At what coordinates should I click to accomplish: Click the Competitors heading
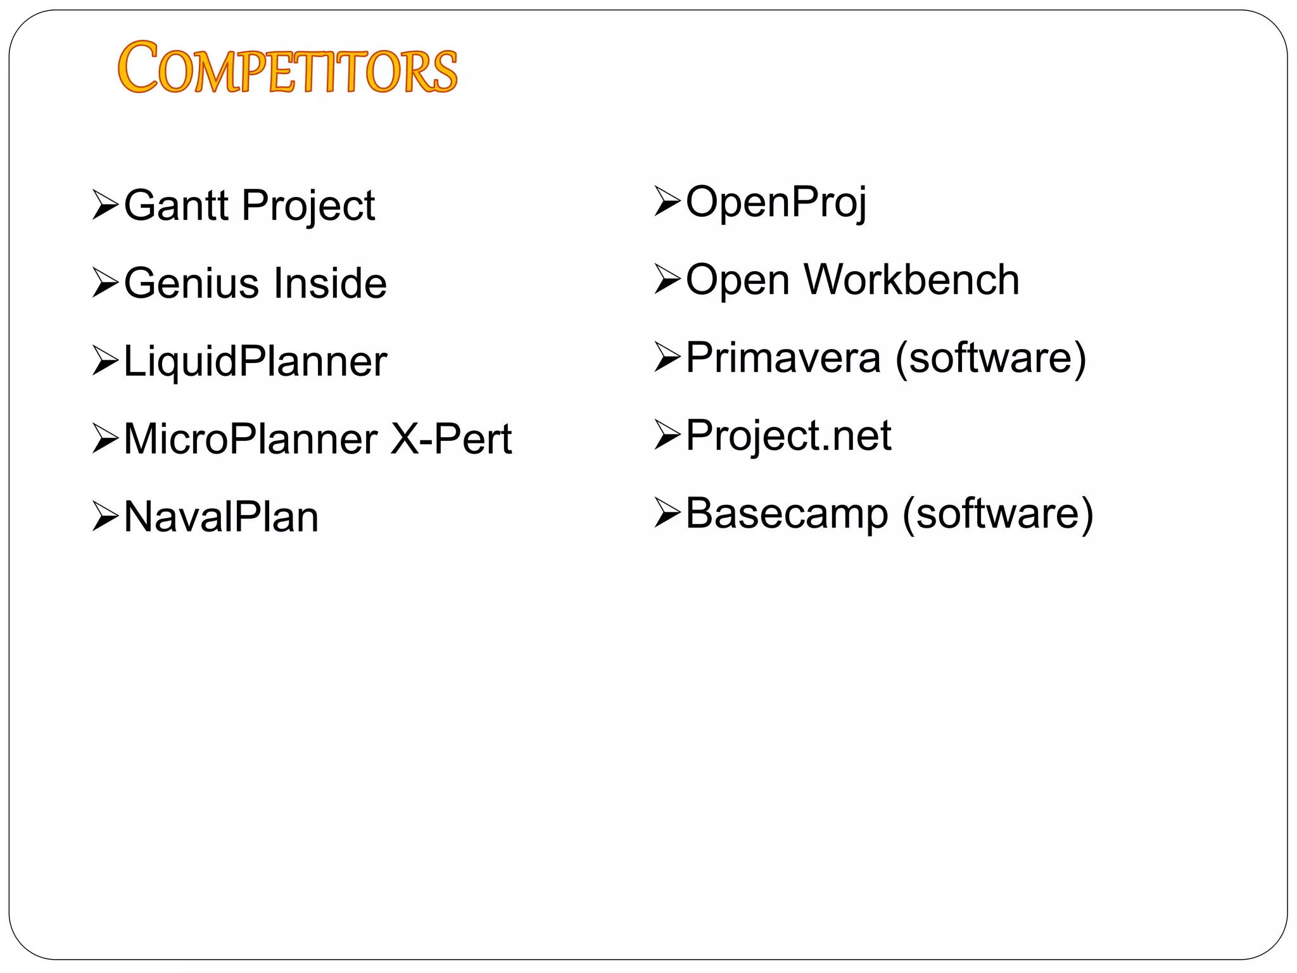click(x=287, y=68)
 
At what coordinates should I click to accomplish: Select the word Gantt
click(x=175, y=205)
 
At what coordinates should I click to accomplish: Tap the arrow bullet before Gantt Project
click(x=105, y=205)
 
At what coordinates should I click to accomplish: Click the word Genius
click(x=188, y=283)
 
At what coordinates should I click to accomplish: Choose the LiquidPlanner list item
click(x=255, y=361)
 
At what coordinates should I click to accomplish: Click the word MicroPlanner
click(x=250, y=438)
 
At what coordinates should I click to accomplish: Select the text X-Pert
click(x=451, y=438)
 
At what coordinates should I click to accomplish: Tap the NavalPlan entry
click(x=221, y=517)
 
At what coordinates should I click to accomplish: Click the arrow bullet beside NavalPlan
click(x=105, y=516)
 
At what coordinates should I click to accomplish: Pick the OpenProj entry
click(x=776, y=203)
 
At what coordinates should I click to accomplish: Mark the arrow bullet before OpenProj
click(x=667, y=201)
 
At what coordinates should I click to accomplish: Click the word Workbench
click(x=911, y=279)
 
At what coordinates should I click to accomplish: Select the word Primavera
click(x=783, y=357)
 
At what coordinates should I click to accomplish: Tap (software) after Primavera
click(x=990, y=358)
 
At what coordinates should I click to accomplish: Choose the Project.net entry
click(x=788, y=436)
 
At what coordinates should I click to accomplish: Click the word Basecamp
click(x=787, y=513)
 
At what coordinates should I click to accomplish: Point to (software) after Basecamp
click(x=997, y=514)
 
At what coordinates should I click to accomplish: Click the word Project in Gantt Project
click(x=308, y=207)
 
